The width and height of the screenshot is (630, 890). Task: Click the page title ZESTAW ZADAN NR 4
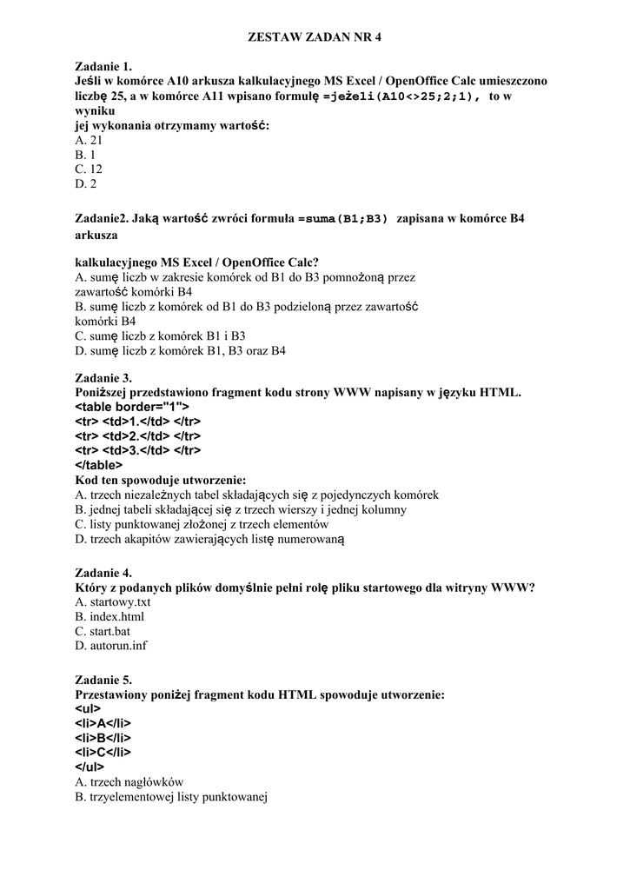tap(315, 37)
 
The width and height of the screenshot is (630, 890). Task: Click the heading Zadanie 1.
tap(103, 66)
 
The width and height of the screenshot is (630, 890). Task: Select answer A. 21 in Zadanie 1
tap(90, 140)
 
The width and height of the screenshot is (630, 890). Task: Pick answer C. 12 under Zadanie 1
tap(90, 169)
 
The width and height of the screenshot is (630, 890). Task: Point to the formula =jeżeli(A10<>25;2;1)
tap(401, 96)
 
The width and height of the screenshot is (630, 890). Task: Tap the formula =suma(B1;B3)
tap(342, 219)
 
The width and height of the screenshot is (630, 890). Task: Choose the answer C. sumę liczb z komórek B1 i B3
tap(161, 335)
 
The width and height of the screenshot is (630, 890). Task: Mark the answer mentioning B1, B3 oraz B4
tap(181, 350)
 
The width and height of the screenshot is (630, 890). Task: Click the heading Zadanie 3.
tap(103, 378)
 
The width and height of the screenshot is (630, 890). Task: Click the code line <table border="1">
tap(132, 407)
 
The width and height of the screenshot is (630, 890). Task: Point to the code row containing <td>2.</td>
tap(138, 435)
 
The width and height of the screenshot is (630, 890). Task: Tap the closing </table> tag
tap(99, 465)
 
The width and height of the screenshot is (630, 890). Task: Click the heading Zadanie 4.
tap(103, 573)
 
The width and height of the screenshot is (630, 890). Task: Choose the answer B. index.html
tap(109, 617)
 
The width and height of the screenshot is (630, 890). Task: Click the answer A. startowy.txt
tap(114, 602)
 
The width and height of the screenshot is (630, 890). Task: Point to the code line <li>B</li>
tap(103, 738)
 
